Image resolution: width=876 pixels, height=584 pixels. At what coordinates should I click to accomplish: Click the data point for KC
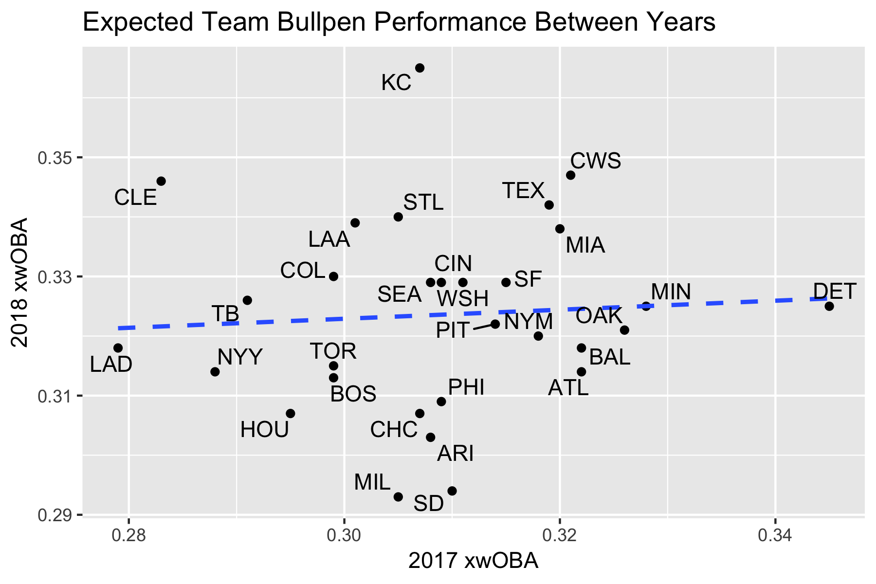click(420, 68)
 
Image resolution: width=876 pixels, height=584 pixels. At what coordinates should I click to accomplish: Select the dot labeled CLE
click(161, 181)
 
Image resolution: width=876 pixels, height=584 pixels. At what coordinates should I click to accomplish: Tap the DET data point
click(829, 306)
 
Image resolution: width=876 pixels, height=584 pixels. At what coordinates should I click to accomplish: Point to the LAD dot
click(118, 348)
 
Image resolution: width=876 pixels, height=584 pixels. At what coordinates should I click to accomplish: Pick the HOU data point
click(291, 413)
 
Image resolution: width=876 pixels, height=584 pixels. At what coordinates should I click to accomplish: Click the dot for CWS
click(570, 175)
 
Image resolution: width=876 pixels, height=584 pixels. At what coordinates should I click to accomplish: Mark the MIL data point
click(398, 497)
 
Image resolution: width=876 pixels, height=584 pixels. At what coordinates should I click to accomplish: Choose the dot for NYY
click(215, 372)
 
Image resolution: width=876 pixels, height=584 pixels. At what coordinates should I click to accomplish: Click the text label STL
click(423, 202)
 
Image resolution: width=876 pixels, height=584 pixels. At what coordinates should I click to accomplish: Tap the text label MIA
click(585, 246)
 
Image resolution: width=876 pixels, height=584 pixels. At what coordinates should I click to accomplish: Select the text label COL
click(302, 271)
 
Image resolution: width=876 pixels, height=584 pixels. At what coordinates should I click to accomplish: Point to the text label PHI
click(466, 387)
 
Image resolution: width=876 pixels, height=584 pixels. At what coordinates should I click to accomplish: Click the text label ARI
click(455, 454)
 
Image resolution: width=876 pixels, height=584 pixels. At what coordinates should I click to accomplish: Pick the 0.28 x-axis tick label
click(128, 535)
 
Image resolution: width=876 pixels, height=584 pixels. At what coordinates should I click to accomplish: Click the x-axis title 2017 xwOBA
click(473, 561)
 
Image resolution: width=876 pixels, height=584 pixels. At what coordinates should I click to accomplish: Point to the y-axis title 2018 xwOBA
click(20, 282)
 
